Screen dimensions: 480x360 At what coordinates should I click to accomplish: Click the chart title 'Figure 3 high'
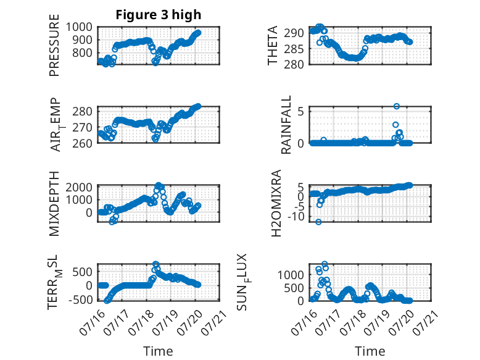[159, 15]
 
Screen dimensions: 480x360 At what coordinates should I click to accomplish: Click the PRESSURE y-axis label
[54, 45]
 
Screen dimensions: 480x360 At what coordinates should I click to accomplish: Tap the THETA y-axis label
[272, 45]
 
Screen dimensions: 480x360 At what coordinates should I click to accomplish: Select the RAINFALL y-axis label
[286, 125]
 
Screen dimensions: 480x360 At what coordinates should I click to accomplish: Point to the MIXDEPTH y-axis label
[54, 203]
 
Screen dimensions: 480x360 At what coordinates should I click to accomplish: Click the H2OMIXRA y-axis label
[276, 203]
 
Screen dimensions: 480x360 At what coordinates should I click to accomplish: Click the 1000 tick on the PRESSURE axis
[79, 27]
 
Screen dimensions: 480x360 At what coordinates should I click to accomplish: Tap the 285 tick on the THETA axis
[294, 49]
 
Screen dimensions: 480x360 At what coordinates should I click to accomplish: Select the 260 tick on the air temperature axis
[82, 143]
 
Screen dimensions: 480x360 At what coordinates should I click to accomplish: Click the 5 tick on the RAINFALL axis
[300, 111]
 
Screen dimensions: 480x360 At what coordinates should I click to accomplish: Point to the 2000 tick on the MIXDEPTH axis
[79, 187]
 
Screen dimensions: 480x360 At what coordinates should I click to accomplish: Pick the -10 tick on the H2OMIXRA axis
[296, 217]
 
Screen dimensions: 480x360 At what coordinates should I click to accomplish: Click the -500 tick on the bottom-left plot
[80, 299]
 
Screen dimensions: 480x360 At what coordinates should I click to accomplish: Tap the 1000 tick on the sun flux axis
[291, 275]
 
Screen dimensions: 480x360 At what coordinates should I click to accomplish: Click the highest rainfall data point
[397, 106]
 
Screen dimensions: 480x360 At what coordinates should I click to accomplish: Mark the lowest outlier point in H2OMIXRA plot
[319, 222]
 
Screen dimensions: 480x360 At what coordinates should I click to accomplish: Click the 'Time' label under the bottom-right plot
[370, 351]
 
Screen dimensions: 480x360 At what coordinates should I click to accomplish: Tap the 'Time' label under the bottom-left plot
[159, 351]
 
